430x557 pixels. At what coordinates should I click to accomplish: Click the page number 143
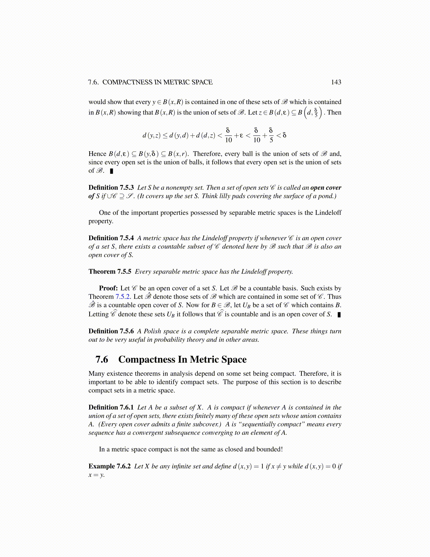(336, 82)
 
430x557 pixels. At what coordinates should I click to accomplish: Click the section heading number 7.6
(102, 359)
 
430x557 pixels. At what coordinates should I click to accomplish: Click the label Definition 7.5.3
(111, 188)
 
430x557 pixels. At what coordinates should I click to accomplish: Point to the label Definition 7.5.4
(111, 238)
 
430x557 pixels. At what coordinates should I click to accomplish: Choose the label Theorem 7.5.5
(110, 271)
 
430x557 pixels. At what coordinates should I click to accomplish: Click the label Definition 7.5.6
(111, 331)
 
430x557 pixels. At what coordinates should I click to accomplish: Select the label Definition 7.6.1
(111, 408)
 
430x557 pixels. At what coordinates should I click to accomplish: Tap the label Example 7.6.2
(109, 466)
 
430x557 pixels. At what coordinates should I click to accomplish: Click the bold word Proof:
(108, 288)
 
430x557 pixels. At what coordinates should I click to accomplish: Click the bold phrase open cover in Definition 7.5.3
(326, 188)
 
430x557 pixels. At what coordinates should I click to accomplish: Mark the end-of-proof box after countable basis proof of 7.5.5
(339, 315)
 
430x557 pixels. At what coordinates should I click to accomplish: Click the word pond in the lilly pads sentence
(327, 196)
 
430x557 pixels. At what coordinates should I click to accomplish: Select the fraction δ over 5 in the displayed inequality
(271, 135)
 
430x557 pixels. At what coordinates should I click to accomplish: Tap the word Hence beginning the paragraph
(97, 154)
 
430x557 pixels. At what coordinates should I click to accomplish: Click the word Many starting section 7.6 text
(97, 374)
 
